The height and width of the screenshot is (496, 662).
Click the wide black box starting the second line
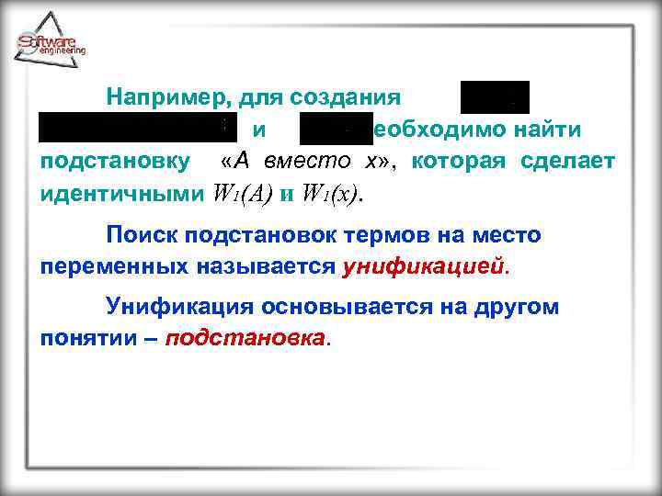pos(132,130)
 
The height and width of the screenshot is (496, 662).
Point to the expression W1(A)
pos(249,195)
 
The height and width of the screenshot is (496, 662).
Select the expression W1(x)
pos(332,195)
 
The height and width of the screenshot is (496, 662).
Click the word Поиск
pos(142,235)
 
